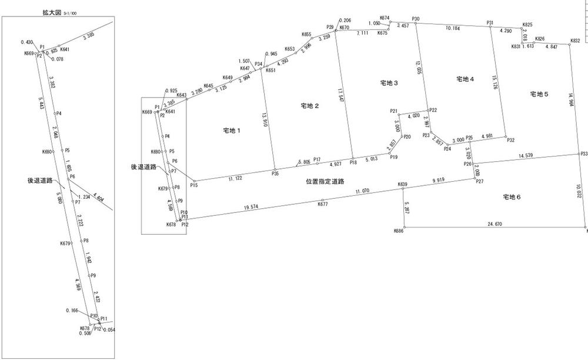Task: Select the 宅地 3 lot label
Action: pos(388,84)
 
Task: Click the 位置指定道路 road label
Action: pos(325,182)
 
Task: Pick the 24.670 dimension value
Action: pos(495,224)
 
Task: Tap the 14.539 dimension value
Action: pos(527,156)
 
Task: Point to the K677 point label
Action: pos(322,204)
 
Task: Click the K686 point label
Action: pos(399,232)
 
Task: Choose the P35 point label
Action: pos(275,174)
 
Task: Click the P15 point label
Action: pos(193,186)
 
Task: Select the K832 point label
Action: pos(575,41)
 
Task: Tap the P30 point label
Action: pos(416,19)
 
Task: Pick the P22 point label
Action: pos(433,110)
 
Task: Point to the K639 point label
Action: pos(402,185)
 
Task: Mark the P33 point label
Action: pos(583,154)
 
